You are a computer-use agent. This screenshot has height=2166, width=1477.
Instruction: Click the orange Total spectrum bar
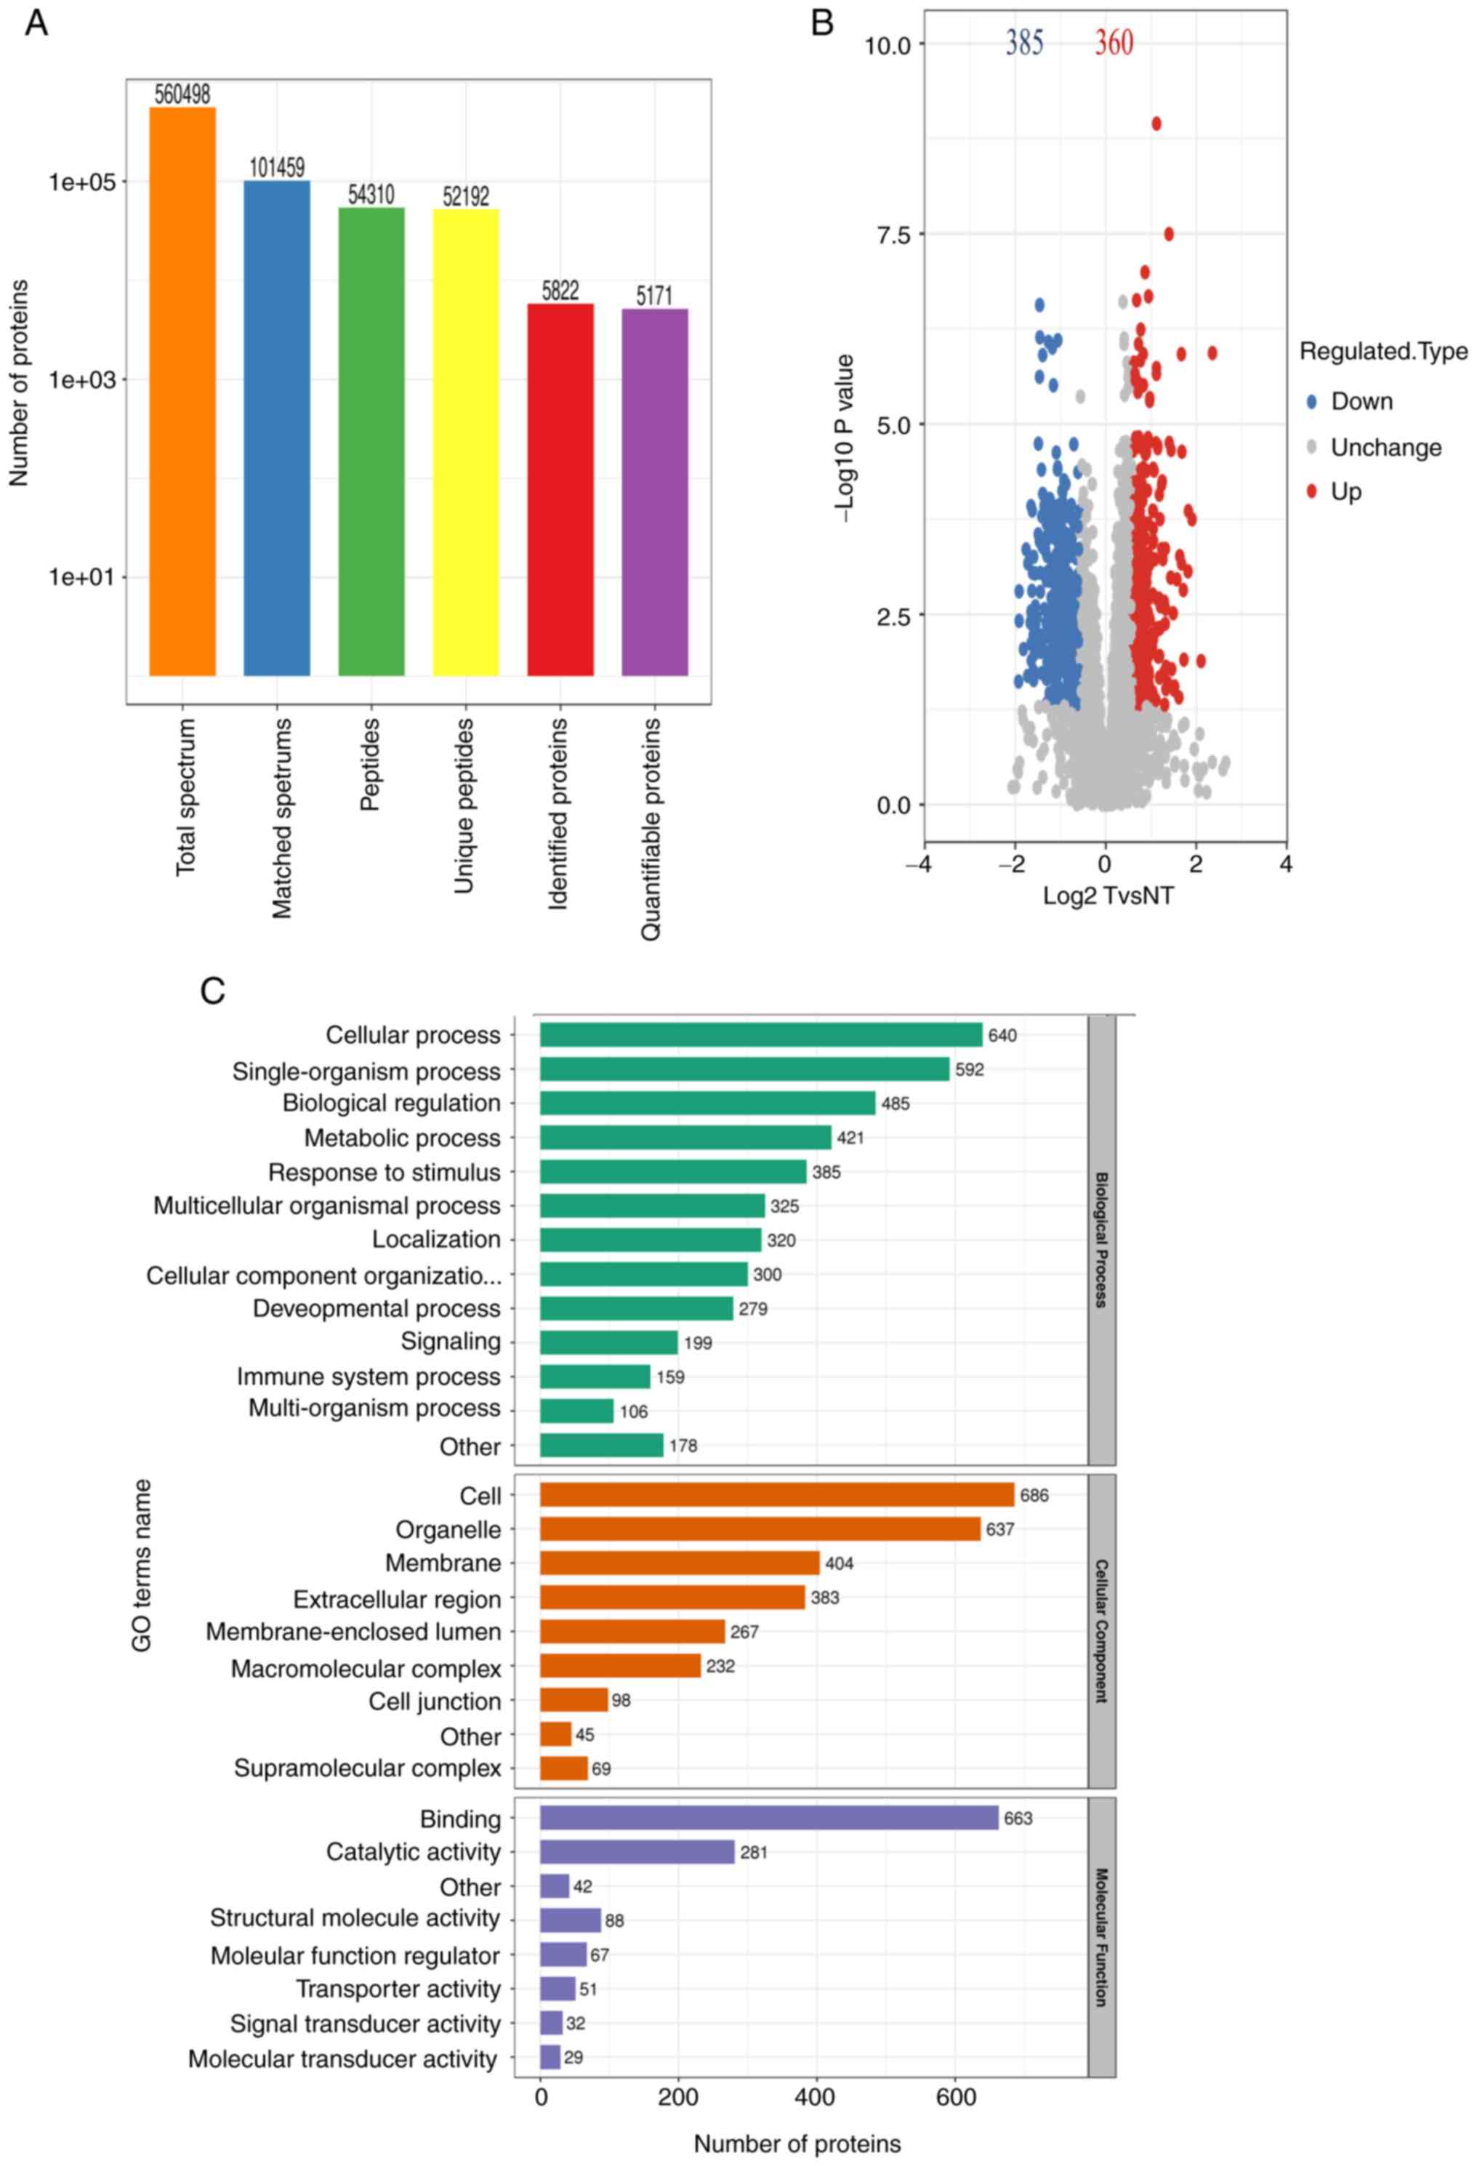(182, 392)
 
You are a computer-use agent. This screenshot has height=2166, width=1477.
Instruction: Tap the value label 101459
(277, 168)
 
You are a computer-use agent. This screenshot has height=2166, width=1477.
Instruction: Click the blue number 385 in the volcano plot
(1024, 42)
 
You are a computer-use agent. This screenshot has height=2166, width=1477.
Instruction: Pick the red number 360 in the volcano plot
(1114, 42)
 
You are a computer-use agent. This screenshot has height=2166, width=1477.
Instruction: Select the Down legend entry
(1361, 402)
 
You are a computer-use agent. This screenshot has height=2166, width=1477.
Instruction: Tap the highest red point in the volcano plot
(1156, 123)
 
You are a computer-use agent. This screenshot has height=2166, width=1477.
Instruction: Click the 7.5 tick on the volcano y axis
(893, 234)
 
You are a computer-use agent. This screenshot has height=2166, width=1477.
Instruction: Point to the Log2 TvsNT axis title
(1107, 895)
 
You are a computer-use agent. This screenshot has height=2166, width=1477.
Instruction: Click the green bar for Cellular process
(760, 1034)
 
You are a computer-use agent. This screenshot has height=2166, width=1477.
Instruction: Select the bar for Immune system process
(595, 1377)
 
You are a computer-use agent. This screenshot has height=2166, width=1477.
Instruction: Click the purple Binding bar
(769, 1817)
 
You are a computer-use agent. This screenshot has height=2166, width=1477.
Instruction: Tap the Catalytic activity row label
(413, 1852)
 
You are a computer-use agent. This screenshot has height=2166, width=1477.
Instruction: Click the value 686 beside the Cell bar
(1034, 1495)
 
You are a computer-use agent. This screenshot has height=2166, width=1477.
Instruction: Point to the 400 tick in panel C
(816, 2097)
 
